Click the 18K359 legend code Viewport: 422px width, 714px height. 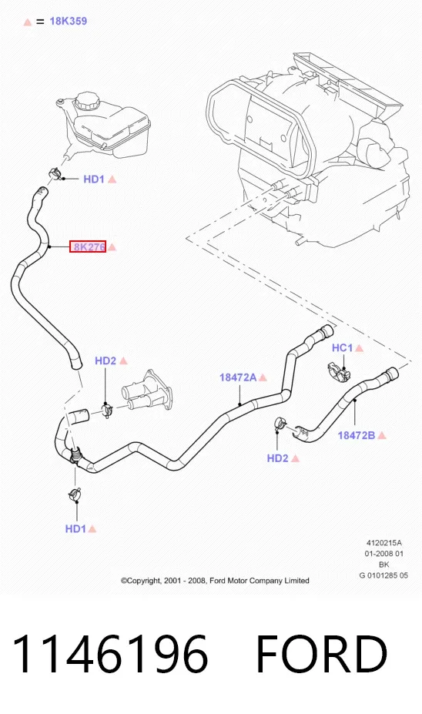69,21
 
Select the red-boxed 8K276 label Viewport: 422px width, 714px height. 88,246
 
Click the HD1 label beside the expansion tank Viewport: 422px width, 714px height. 94,179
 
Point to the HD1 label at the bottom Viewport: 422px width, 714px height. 75,528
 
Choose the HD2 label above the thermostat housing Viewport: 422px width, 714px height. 105,361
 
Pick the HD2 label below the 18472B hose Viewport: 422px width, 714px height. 278,458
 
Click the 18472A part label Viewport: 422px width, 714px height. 238,377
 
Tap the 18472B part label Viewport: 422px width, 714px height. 357,435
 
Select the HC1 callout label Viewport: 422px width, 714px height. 343,348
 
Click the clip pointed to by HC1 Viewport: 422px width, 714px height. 339,373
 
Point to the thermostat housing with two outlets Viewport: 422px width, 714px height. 146,391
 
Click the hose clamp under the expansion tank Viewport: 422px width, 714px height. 55,173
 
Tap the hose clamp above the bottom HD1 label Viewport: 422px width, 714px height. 75,494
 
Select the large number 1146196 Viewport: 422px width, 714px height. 110,653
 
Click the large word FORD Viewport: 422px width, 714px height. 321,653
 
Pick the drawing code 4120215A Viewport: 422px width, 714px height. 384,543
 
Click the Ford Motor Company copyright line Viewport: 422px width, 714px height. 215,581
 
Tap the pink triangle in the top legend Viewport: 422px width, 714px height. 27,22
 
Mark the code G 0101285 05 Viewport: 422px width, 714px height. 383,575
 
